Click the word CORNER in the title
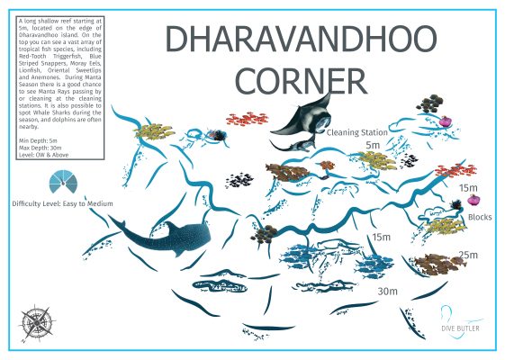(302, 79)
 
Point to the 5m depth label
(373, 144)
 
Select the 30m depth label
(387, 292)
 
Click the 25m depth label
(468, 255)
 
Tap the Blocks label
(480, 217)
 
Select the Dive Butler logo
(460, 321)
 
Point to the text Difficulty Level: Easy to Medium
(62, 204)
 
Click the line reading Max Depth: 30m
(41, 148)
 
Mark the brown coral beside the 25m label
(437, 264)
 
